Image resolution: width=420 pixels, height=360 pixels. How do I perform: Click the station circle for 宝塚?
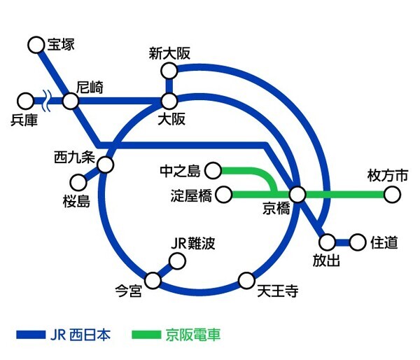35,46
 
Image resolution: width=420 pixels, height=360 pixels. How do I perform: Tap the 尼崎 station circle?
70,101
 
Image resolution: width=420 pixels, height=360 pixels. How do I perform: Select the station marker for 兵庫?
26,101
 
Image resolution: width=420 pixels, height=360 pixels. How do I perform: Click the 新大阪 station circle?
169,71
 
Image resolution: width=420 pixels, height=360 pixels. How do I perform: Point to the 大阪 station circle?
169,101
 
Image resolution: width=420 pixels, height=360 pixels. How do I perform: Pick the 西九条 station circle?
106,165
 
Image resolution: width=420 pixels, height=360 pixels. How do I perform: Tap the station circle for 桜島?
79,183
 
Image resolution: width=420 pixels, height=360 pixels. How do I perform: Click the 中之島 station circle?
213,170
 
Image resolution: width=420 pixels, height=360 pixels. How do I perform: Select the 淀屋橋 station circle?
225,194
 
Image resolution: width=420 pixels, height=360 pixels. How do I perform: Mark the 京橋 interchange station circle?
297,194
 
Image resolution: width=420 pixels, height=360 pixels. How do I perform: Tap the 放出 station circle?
327,243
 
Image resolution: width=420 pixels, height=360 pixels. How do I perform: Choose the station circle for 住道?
358,243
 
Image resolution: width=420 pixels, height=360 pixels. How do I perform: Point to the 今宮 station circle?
153,280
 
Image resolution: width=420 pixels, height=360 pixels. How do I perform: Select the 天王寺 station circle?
246,281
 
